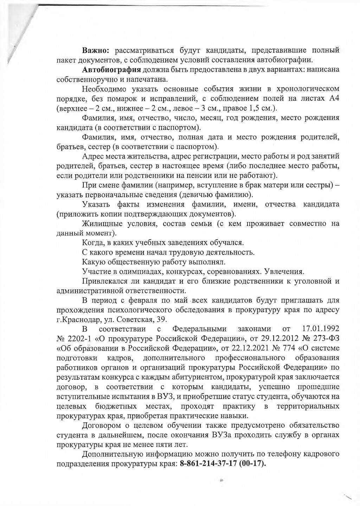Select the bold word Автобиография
(112, 69)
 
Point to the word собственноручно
(86, 79)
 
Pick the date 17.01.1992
(321, 329)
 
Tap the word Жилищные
(99, 223)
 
